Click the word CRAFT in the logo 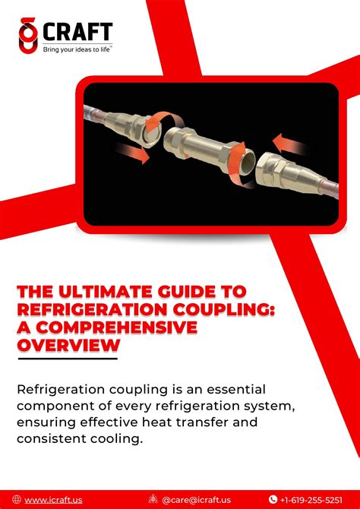77,31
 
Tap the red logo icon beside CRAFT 28,35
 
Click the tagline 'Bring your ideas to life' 77,49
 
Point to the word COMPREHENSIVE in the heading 116,327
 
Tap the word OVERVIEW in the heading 68,346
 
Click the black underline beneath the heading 68,359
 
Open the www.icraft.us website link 53,500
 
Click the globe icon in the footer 17,499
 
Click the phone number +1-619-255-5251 311,500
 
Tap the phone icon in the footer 273,499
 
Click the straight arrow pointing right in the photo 133,152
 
